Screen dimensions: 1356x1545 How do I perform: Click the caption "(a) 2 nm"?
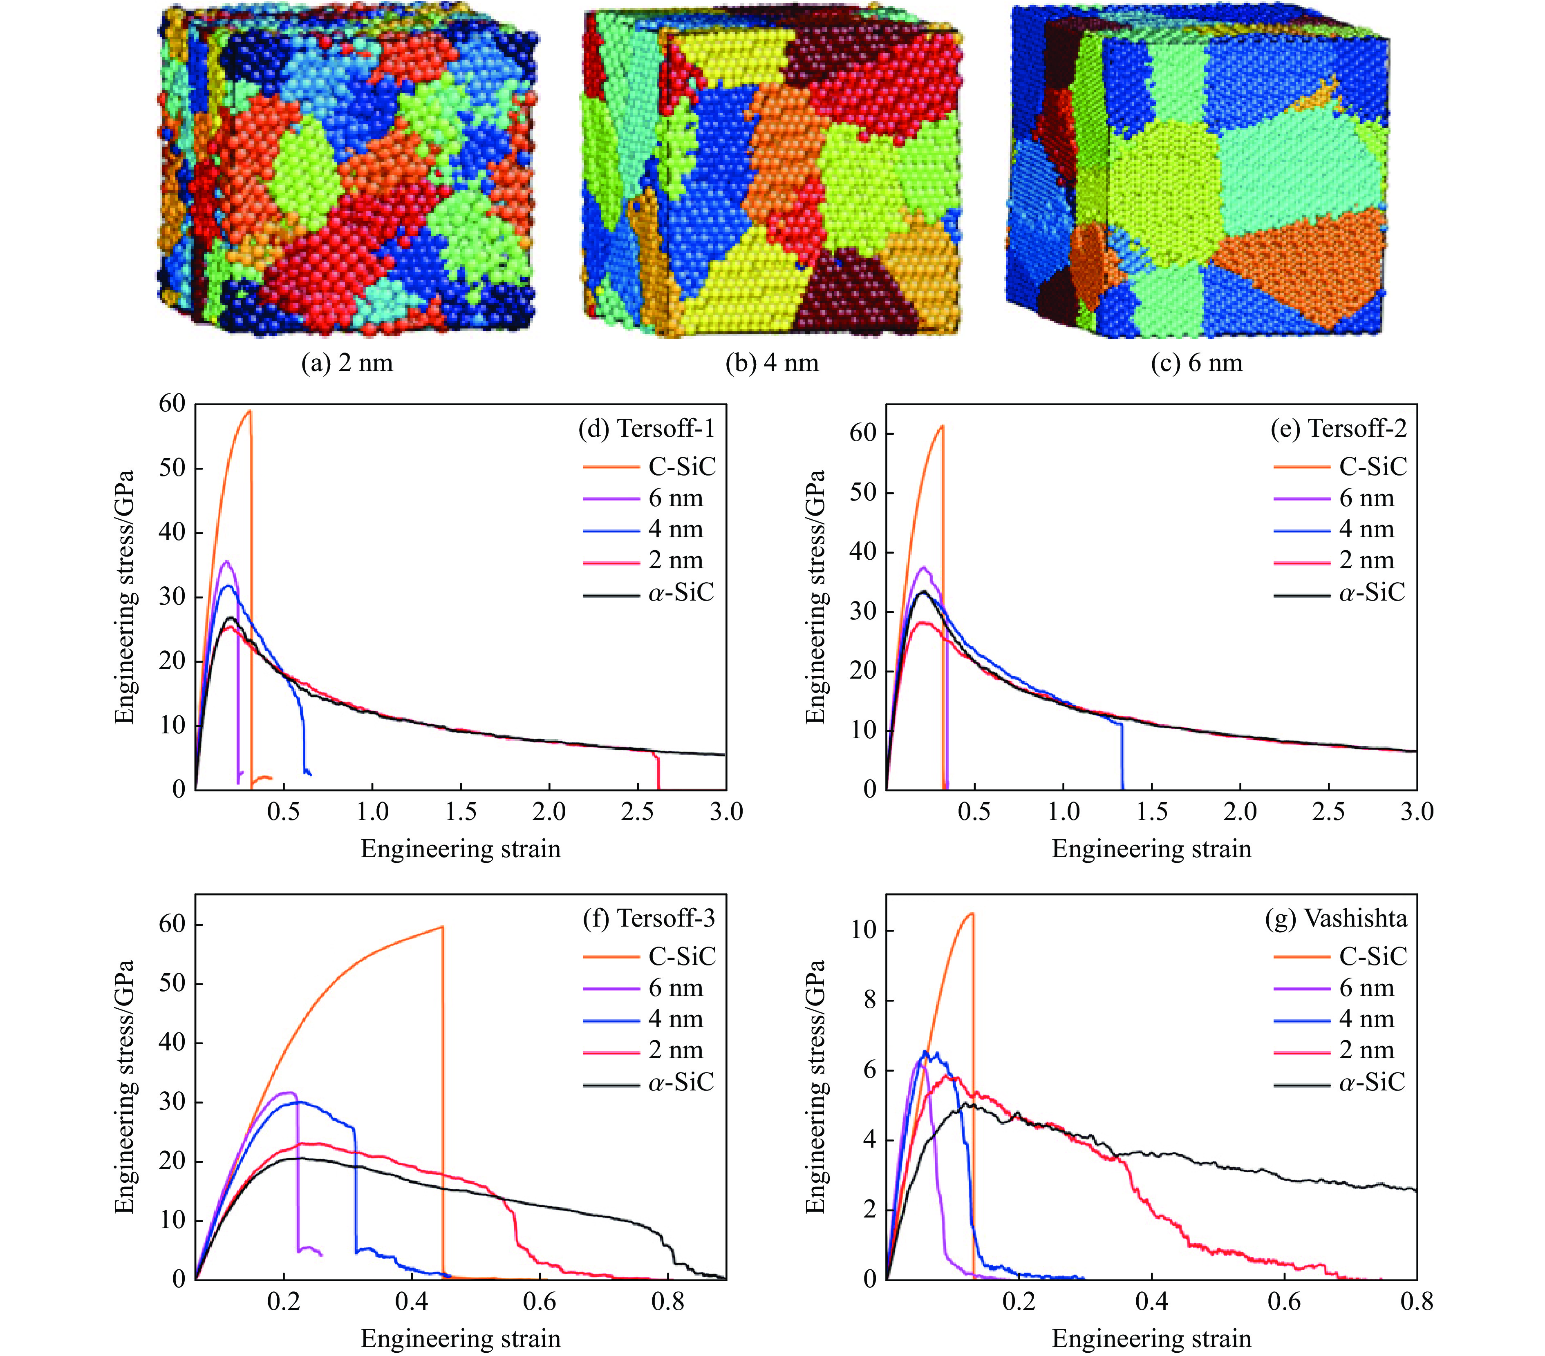(347, 363)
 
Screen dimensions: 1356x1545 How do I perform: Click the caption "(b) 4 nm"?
(772, 363)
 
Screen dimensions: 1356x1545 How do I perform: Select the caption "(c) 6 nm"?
(1196, 363)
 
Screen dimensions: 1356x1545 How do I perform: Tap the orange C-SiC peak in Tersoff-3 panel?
(442, 927)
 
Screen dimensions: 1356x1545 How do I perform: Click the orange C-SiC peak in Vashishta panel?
(972, 914)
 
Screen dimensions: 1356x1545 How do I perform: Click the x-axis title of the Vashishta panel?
(1151, 1338)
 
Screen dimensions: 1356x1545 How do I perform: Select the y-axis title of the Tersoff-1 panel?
(125, 597)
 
